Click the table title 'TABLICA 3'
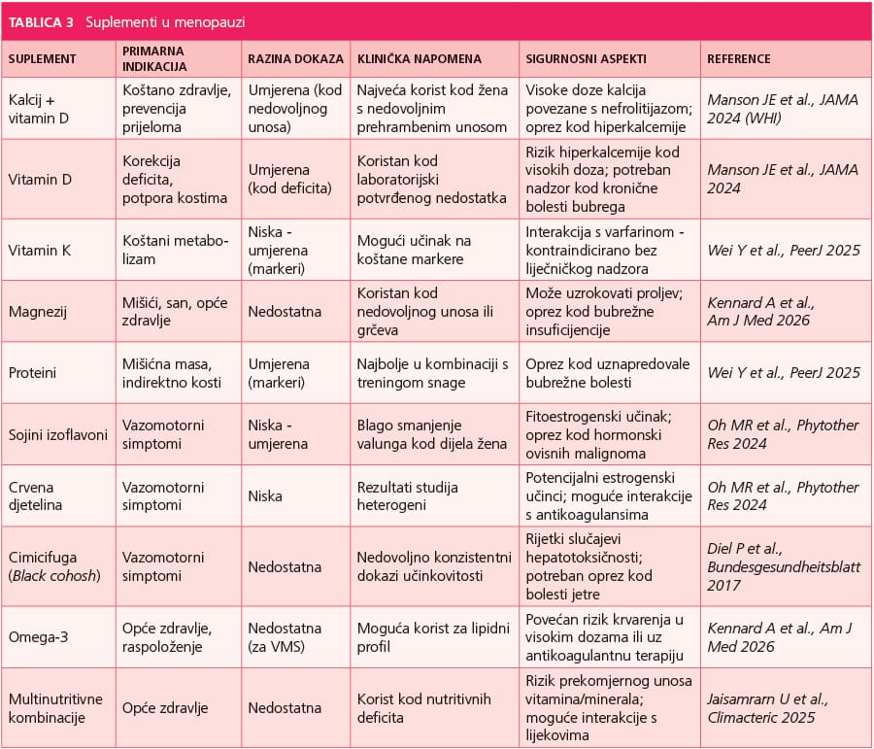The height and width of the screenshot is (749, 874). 41,22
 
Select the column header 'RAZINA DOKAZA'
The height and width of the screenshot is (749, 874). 296,59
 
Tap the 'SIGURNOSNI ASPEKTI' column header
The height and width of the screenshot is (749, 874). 586,59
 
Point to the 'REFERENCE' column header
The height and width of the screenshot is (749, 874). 739,59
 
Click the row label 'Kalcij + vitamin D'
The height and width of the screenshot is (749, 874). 39,109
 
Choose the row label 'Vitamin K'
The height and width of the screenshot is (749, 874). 40,251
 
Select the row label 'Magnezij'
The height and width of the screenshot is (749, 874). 37,312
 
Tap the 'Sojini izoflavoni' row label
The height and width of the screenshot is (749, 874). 58,435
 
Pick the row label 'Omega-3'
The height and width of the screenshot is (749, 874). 38,637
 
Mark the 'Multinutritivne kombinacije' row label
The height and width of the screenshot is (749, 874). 55,708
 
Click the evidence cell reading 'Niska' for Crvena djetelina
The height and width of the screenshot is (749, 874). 265,495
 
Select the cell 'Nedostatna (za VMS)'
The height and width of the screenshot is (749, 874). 285,637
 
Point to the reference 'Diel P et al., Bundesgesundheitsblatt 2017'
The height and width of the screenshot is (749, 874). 784,566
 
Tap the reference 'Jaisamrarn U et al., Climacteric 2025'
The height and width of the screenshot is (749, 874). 767,708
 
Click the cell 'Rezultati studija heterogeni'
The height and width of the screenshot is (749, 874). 408,495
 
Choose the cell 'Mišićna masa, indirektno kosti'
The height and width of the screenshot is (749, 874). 172,373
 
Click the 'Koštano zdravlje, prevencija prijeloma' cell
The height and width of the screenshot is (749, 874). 177,109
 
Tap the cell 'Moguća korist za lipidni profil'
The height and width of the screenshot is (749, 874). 433,637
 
